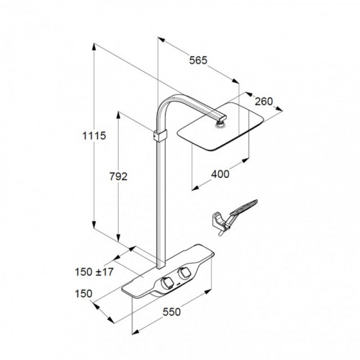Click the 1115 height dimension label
pos(94,136)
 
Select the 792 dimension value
pos(118,176)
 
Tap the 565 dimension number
pos(198,60)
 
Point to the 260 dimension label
pos(264,102)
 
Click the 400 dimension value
pos(220,174)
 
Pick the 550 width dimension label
pos(171,312)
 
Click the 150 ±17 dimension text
pos(94,272)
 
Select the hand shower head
pos(244,207)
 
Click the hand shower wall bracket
pos(220,221)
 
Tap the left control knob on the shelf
pos(166,283)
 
